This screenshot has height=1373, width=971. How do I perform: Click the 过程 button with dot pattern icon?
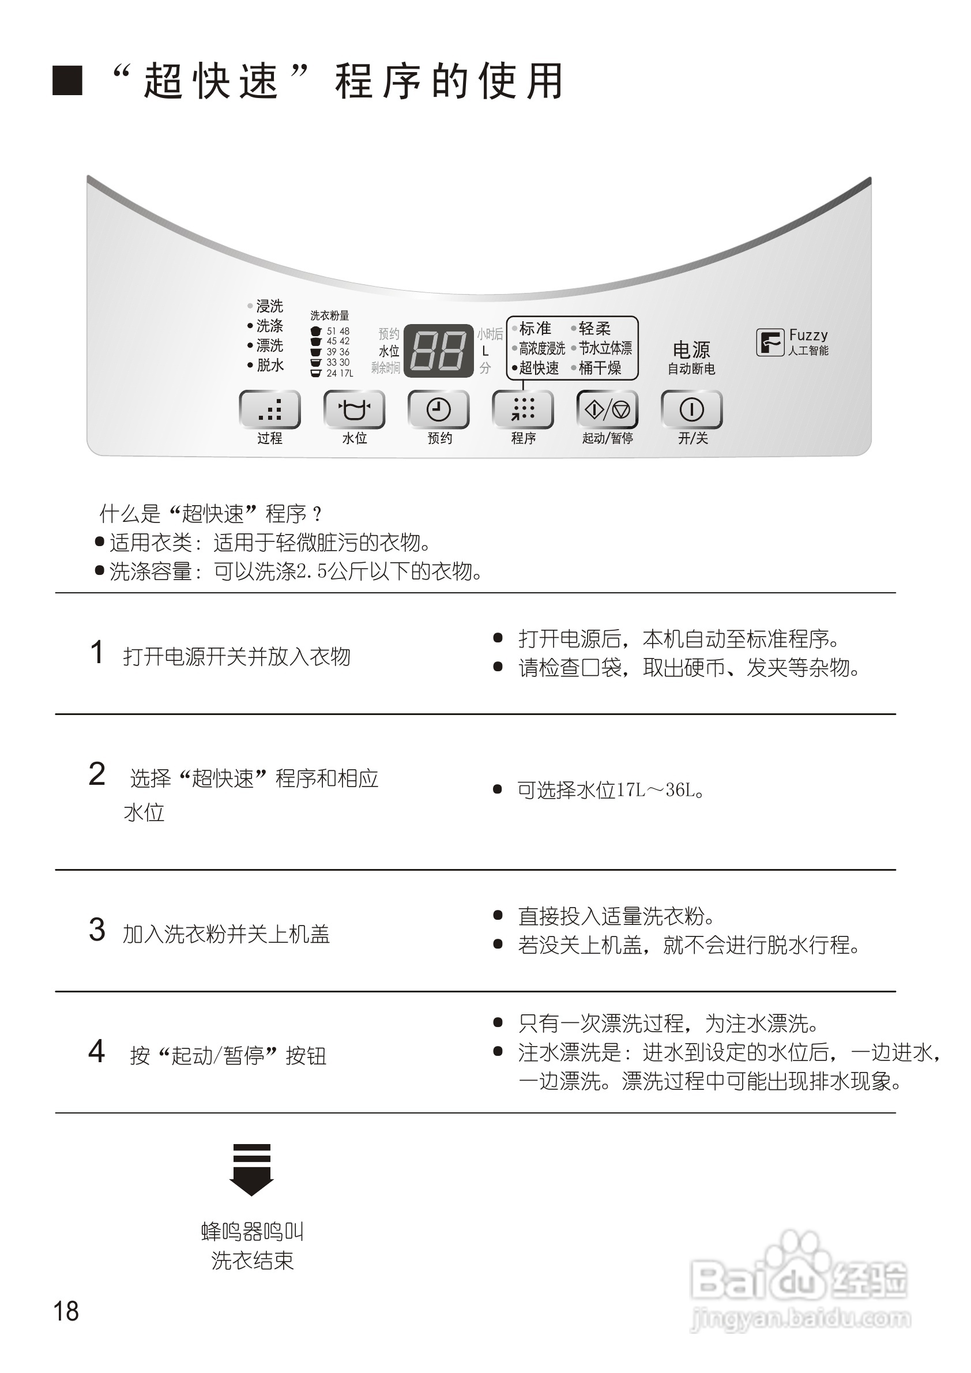click(x=270, y=409)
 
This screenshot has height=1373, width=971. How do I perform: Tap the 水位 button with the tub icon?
click(x=354, y=409)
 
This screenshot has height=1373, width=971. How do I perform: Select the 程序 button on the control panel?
click(x=522, y=409)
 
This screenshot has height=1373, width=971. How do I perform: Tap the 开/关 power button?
click(x=692, y=409)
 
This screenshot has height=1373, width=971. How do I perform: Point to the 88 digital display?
click(x=439, y=351)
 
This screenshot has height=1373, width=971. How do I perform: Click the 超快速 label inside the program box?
click(x=539, y=368)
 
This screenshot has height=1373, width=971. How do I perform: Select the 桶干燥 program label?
click(x=600, y=368)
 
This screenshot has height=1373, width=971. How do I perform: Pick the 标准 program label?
click(x=535, y=328)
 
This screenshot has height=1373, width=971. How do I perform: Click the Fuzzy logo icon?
click(x=770, y=343)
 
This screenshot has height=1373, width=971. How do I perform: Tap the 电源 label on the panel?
click(x=691, y=349)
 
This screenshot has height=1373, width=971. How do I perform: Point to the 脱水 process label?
click(x=270, y=365)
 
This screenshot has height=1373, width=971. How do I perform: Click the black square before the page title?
click(x=67, y=81)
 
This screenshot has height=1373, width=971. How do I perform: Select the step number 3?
click(x=97, y=930)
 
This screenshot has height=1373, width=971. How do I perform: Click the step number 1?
click(x=97, y=652)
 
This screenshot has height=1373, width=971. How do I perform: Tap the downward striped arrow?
click(x=252, y=1169)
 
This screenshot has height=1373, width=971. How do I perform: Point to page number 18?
click(x=66, y=1311)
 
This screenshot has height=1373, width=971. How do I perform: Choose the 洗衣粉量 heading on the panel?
click(x=329, y=315)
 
